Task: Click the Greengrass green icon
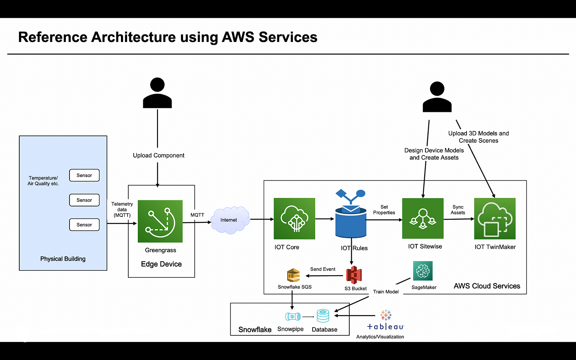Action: (160, 221)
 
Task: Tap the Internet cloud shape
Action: (230, 220)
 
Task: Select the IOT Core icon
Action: (294, 218)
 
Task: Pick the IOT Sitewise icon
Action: (423, 218)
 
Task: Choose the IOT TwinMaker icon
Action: (495, 218)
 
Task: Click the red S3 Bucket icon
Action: (353, 275)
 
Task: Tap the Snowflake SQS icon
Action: (293, 275)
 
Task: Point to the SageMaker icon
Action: (423, 271)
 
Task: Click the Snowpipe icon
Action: (293, 317)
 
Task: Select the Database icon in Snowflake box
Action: (323, 316)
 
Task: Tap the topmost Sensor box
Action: (84, 175)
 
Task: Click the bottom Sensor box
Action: (84, 225)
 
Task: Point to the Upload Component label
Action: (158, 156)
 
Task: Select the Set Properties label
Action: (384, 210)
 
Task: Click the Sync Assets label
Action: (458, 210)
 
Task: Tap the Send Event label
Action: (323, 269)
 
